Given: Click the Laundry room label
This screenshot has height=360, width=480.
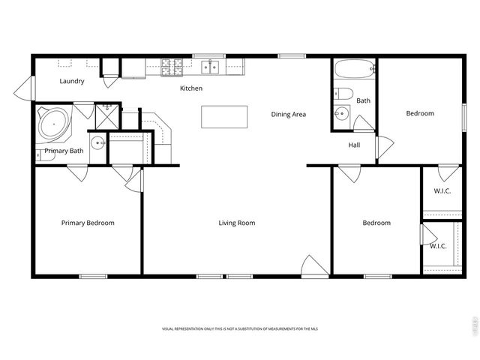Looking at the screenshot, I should pos(72,81).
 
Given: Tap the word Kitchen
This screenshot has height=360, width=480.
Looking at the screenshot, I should pos(191,88).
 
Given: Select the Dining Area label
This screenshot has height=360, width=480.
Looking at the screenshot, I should pos(289,114).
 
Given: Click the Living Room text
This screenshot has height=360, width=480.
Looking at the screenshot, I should pos(237,223).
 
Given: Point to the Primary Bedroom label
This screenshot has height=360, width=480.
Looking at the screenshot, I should pos(88,223).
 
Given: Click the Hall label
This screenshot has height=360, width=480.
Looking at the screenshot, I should pos(355,145).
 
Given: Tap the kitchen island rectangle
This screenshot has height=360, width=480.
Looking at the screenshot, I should pos(224,116).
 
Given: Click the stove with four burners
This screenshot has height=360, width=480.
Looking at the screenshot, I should pos(170,67).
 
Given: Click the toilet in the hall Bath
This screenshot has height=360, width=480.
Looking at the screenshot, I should pos(343,94).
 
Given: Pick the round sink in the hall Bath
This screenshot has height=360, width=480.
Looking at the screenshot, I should pos(341,115).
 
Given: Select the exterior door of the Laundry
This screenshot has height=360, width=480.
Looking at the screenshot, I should pos(22,90).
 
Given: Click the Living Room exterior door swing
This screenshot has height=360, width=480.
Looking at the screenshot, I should pos(313,265).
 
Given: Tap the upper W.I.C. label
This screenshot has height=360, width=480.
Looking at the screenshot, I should pos(442,190).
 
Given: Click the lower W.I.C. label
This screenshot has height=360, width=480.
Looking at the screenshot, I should pos(438,245).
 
